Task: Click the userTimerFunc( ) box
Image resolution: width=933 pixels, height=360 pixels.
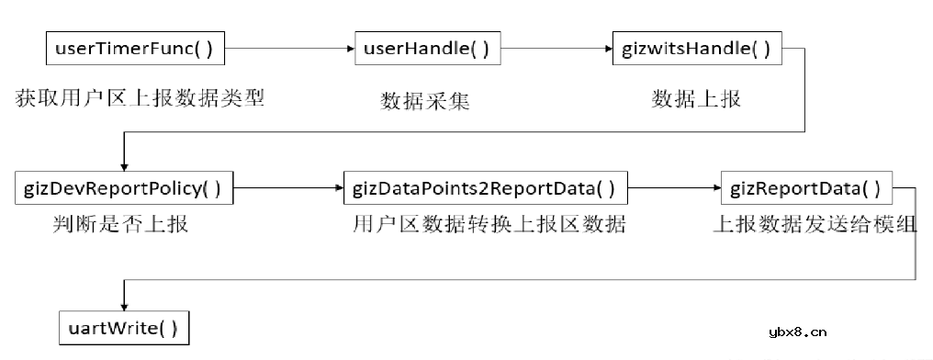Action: [x=135, y=48]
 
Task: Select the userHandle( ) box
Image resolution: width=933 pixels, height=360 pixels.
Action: [x=428, y=48]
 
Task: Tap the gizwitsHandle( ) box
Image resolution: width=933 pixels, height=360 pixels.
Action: [x=697, y=48]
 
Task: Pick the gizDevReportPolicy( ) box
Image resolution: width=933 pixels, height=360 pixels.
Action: [x=125, y=188]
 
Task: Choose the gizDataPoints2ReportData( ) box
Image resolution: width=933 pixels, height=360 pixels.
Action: [x=484, y=188]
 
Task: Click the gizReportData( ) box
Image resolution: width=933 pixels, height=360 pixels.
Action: [x=805, y=188]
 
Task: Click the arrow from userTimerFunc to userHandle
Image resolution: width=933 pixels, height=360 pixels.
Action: [x=289, y=48]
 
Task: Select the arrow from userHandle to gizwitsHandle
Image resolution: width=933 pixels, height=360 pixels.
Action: [x=556, y=48]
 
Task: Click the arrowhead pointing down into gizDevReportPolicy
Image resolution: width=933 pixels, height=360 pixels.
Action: [x=124, y=165]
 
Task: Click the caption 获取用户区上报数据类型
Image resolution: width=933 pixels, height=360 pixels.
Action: [x=140, y=98]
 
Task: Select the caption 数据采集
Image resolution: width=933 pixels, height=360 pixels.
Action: [x=425, y=100]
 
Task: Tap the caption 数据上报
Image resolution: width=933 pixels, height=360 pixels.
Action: [x=696, y=98]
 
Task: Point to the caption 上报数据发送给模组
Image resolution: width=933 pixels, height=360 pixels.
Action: [x=815, y=223]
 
